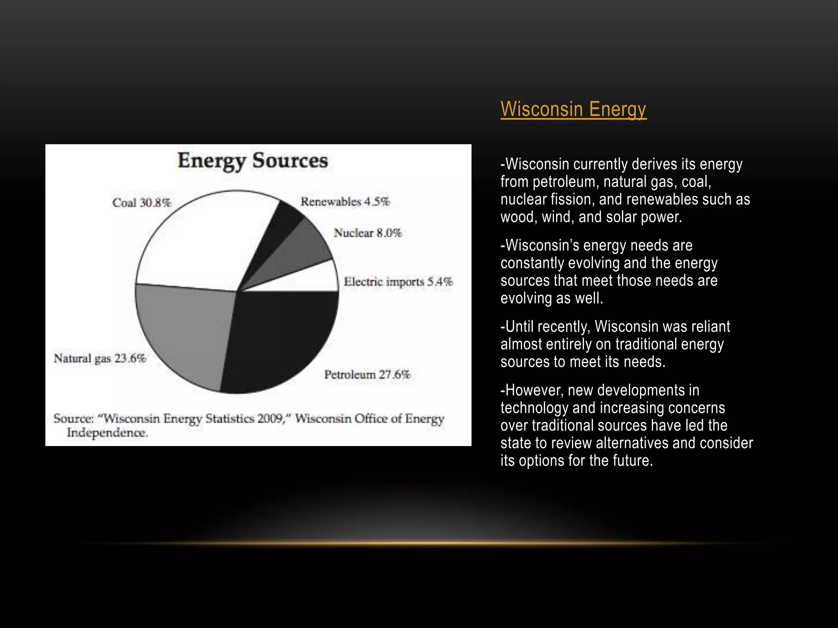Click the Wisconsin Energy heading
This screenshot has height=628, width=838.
[x=573, y=109]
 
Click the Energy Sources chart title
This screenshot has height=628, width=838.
[x=252, y=161]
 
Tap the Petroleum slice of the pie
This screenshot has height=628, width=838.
[x=278, y=339]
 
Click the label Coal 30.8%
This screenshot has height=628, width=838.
[x=142, y=203]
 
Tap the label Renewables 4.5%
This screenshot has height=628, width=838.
[x=345, y=202]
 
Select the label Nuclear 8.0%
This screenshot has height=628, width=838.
[x=367, y=233]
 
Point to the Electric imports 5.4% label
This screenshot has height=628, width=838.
[x=398, y=282]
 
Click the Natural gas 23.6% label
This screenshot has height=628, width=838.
[x=100, y=359]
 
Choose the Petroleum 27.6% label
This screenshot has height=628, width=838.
[x=367, y=375]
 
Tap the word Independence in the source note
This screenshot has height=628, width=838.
[x=107, y=433]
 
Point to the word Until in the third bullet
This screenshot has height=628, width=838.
[x=519, y=327]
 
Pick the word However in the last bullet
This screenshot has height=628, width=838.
[x=534, y=390]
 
